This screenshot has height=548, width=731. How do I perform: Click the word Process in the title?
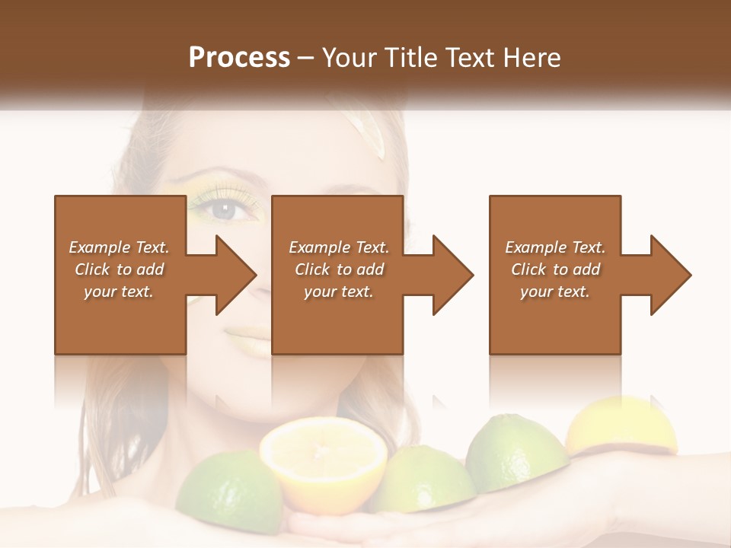coord(239,58)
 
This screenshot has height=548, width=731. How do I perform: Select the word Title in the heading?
coord(411,58)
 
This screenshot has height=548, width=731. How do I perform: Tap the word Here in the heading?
coord(531,58)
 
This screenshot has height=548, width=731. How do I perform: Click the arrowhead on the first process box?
coord(232,275)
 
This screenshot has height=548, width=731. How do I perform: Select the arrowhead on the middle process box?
coord(450,275)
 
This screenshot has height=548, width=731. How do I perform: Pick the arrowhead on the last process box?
coord(668,275)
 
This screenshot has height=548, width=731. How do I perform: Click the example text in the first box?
coord(119,269)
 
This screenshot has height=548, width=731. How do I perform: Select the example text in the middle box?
coord(338,269)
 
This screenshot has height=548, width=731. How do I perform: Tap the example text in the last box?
coord(555,269)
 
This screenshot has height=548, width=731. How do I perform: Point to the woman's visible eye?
coord(227,210)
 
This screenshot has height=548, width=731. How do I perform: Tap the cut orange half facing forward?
coord(323,461)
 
